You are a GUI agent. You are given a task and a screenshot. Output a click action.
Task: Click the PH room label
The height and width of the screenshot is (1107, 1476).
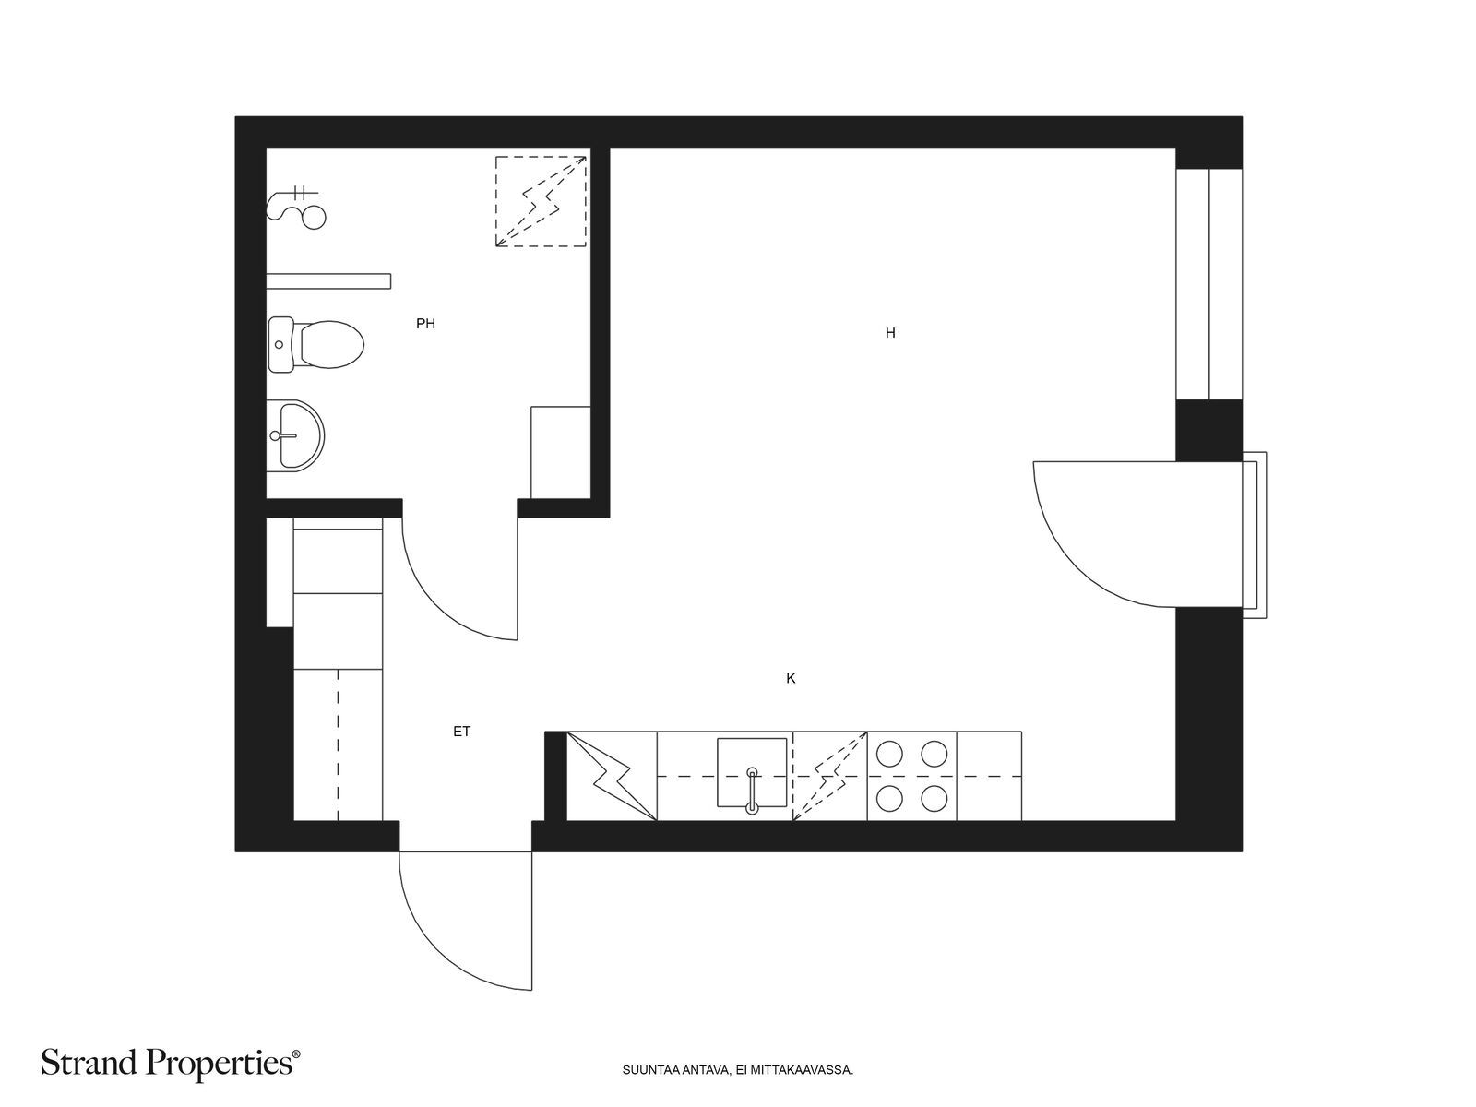tap(425, 324)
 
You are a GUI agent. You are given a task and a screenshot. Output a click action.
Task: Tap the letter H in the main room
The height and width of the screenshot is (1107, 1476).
tap(890, 333)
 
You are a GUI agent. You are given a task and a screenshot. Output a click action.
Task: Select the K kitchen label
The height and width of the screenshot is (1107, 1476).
tap(791, 678)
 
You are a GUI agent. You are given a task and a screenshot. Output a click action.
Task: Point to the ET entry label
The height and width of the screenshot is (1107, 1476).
tap(462, 732)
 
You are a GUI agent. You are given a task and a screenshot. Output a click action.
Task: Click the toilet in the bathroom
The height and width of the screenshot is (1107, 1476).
tap(316, 344)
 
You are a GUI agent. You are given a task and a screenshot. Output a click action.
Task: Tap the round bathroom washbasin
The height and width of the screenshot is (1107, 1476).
tap(295, 435)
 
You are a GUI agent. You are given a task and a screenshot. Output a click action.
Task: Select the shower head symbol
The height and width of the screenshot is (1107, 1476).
tap(296, 208)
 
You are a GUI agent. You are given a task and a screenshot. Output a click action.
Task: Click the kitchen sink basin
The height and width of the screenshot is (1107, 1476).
tap(752, 772)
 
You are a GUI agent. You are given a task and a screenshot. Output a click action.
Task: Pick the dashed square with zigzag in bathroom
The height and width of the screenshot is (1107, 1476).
tap(541, 202)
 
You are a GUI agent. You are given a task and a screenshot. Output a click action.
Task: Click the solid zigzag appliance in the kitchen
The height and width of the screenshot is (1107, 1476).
tap(612, 776)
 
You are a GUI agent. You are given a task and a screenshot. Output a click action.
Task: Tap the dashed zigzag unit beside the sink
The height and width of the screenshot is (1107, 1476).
tap(829, 776)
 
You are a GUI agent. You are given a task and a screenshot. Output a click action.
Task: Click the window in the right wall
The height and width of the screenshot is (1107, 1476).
tap(1208, 283)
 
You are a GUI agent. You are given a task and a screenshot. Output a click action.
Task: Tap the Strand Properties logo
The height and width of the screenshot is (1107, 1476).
tap(171, 1064)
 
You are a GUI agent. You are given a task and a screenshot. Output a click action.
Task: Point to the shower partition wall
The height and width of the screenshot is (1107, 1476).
tap(328, 281)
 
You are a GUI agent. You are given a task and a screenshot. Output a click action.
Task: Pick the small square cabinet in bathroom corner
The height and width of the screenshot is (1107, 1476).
tap(561, 452)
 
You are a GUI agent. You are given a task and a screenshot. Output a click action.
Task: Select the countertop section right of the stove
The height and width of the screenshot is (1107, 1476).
tap(989, 776)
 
